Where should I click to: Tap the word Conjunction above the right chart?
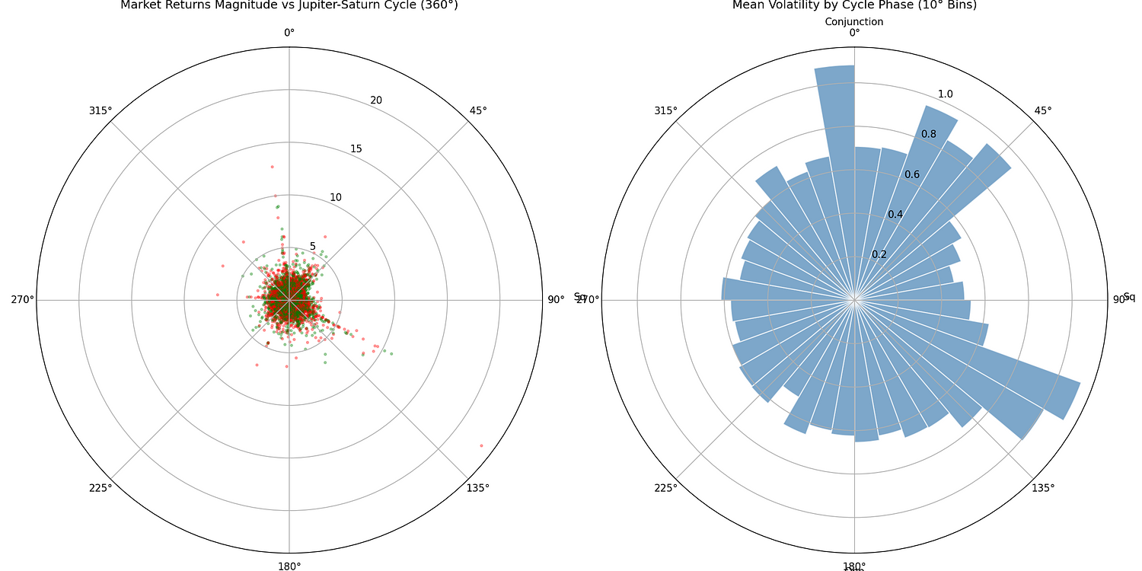[854, 22]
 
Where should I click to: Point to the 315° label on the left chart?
[100, 110]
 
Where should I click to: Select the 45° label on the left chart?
[478, 110]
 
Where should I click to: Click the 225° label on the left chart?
[100, 488]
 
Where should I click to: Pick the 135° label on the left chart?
[478, 488]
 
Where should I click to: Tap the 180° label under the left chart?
[289, 566]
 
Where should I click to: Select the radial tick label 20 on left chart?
[376, 100]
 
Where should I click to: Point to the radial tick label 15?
[356, 148]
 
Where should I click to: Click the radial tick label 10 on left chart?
[336, 198]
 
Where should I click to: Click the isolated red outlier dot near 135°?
[481, 445]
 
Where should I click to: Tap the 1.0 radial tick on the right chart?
[945, 94]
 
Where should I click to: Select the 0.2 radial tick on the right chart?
[879, 254]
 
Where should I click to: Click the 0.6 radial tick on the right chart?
[912, 174]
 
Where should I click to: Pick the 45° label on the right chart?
[1043, 110]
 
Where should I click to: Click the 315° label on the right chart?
[665, 110]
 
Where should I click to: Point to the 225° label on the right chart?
[665, 488]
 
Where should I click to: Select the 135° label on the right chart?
[1043, 488]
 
